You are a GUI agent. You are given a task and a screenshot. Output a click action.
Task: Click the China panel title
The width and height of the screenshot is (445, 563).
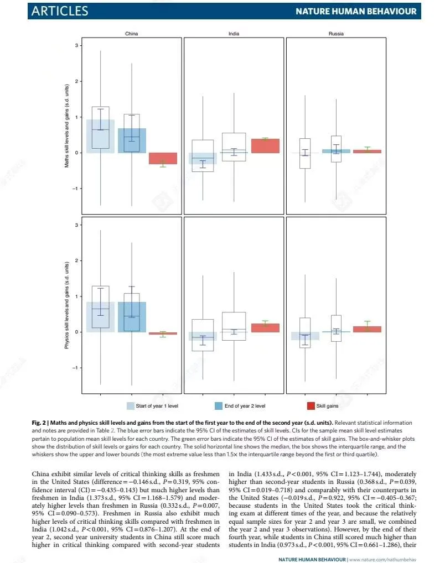pos(131,34)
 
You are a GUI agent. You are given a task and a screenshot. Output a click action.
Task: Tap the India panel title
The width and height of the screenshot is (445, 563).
pos(234,34)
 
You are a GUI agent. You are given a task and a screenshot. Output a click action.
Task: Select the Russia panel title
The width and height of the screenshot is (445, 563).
pos(335,34)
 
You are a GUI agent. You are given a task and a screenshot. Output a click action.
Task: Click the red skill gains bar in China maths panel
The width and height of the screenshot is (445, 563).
pos(163,158)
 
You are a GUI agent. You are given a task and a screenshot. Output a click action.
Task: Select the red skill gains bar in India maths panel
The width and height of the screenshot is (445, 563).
pos(265,145)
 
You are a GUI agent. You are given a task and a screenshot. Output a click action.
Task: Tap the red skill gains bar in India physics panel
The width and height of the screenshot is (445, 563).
pos(265,328)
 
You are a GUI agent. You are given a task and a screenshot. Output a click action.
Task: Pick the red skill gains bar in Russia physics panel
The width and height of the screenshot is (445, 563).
pos(367,329)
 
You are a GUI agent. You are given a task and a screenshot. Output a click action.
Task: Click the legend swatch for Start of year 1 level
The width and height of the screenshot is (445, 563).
pos(131,405)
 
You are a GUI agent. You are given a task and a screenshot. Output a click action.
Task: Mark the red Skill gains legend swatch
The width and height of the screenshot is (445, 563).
pos(311,405)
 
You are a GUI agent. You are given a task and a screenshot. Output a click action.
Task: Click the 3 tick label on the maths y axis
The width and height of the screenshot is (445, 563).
pos(77,45)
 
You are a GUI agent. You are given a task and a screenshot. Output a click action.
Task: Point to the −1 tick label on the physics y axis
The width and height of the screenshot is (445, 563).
pos(76,367)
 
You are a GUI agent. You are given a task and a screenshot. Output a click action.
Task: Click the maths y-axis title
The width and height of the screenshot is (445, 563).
pos(67,126)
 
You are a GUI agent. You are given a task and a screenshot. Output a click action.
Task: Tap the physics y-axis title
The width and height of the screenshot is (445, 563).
pos(67,305)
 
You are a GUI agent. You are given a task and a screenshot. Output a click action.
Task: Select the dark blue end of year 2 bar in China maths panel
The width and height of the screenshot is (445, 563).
pos(132,140)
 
